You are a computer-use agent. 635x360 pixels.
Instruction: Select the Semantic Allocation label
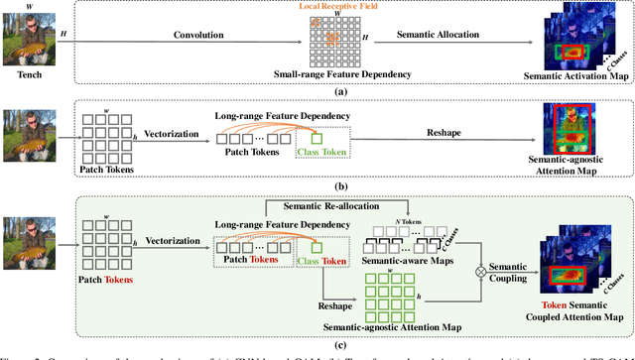coord(437,36)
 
